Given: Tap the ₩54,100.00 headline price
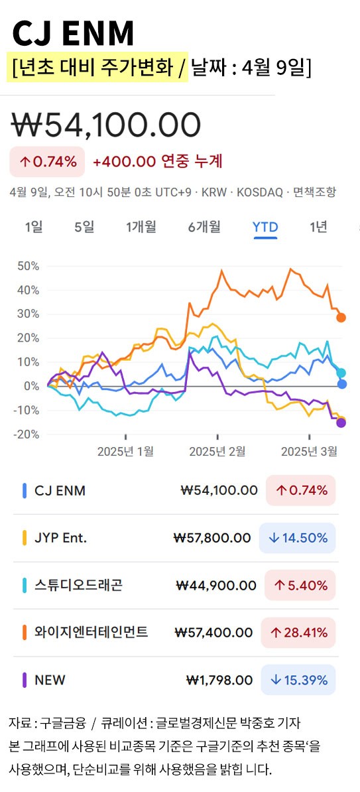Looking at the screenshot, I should pos(106,125).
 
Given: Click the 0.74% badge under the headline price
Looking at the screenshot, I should pos(47,161).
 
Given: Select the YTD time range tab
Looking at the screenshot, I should pos(265,227).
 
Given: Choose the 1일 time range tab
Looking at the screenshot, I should pos(34,227).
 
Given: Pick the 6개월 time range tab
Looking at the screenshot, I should pos(204,227).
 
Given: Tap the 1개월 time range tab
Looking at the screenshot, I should pos(141,227).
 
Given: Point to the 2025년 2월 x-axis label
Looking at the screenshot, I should pos(217,452).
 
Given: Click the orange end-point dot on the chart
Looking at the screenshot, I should pos(341,317).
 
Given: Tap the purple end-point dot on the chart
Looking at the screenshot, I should pos(341,423).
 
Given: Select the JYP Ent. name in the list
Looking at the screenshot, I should pos(60,538).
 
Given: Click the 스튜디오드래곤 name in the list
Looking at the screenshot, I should pos(78,585).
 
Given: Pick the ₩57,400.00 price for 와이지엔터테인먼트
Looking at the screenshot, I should pos(213,633).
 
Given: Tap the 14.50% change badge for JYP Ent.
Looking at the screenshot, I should pos(298,538).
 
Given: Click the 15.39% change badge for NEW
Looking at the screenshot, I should pos(298,680).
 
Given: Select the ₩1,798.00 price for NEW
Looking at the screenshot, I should pos(219,680).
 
